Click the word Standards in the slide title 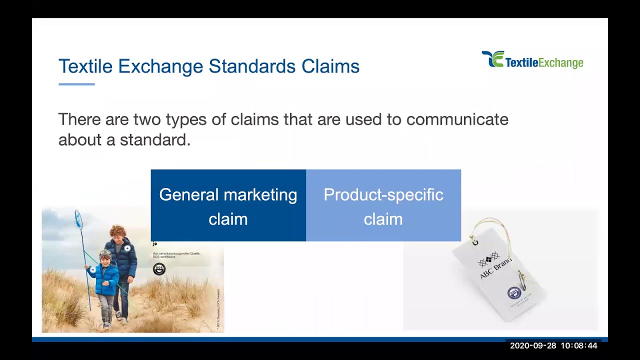click(x=252, y=66)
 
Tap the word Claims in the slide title click(x=330, y=66)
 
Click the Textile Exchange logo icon click(x=492, y=59)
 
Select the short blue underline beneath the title click(x=76, y=84)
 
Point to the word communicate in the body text click(x=457, y=119)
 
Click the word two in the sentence click(x=147, y=119)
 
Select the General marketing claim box click(x=228, y=205)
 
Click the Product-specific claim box click(x=383, y=205)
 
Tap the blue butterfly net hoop click(x=78, y=217)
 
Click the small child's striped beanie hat click(x=105, y=254)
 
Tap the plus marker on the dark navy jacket click(x=127, y=248)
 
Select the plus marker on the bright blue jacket click(x=93, y=270)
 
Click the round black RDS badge click(x=159, y=269)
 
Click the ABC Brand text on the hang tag click(x=495, y=268)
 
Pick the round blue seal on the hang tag click(x=514, y=292)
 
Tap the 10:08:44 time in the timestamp click(x=579, y=345)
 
